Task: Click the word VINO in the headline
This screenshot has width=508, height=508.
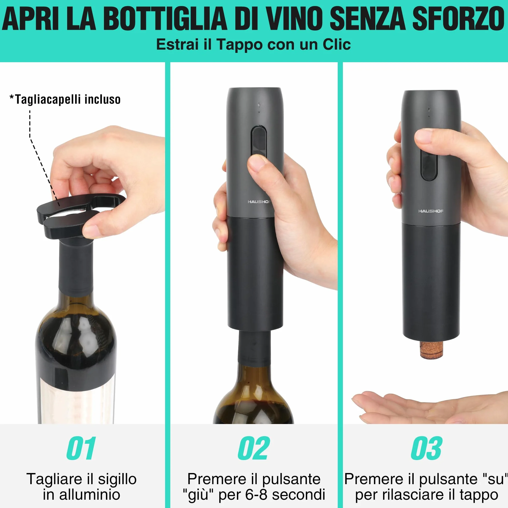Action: pyautogui.click(x=293, y=19)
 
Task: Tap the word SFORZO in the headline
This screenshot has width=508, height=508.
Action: pyautogui.click(x=458, y=19)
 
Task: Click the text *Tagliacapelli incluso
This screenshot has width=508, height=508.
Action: pyautogui.click(x=65, y=99)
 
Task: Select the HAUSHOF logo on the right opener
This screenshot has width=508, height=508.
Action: pyautogui.click(x=431, y=211)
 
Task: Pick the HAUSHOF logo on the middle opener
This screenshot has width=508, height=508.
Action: pyautogui.click(x=259, y=202)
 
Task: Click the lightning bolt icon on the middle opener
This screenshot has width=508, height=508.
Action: pyautogui.click(x=259, y=105)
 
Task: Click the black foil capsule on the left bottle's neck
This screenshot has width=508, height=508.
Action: pyautogui.click(x=76, y=266)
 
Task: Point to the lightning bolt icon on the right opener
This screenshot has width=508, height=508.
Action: pyautogui.click(x=429, y=109)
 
